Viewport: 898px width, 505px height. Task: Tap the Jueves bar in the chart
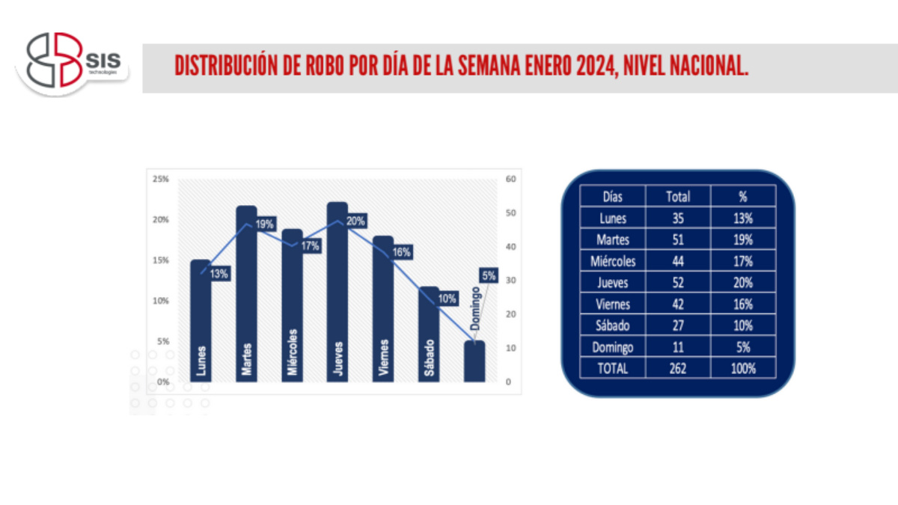337,292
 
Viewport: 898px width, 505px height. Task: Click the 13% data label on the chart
219,274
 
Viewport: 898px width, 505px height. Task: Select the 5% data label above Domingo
489,276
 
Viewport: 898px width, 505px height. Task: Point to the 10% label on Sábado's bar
447,299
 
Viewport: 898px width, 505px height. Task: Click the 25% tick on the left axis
160,180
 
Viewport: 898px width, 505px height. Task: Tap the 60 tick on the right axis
510,180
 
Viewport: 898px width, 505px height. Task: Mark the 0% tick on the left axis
162,382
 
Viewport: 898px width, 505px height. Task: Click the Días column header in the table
613,197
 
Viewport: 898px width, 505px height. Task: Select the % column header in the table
743,197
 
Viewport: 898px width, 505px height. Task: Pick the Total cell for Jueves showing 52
678,283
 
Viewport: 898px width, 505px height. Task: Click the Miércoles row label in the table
613,261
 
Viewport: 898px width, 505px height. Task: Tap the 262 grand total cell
678,368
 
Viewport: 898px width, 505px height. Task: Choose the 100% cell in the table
743,368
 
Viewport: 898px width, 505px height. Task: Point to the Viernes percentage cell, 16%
743,304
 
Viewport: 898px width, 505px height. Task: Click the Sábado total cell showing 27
678,325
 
